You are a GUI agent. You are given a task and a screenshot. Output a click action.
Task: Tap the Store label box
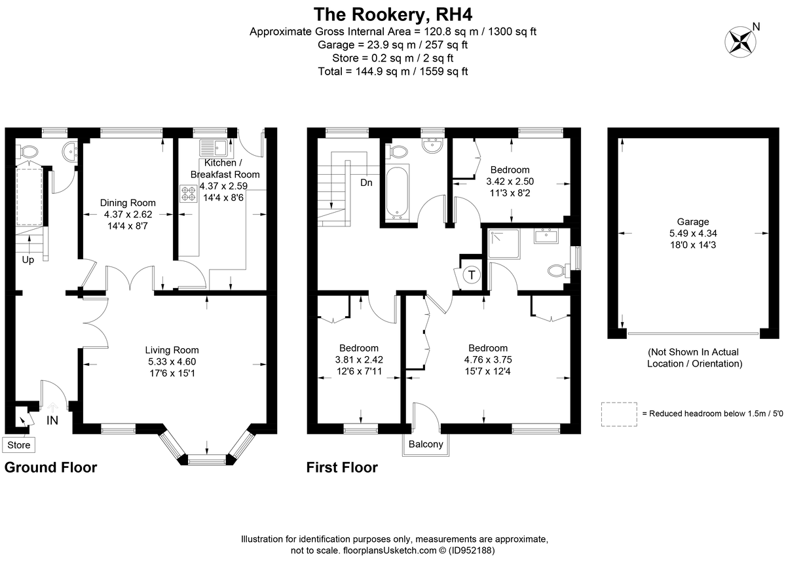18,445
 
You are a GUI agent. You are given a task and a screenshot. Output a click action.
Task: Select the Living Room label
172,350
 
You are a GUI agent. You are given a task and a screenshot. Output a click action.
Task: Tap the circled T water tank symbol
471,276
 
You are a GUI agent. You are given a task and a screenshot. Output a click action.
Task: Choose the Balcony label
426,444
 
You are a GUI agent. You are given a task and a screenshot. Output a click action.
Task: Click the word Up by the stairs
28,260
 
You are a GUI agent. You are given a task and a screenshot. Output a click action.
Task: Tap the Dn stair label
366,183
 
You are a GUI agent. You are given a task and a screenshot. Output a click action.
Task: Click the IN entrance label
52,421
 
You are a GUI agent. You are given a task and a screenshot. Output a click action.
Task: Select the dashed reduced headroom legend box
619,414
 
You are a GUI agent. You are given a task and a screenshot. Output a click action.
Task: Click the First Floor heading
342,467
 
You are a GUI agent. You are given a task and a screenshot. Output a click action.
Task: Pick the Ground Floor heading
51,467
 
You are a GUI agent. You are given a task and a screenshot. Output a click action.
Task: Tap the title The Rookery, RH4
393,14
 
